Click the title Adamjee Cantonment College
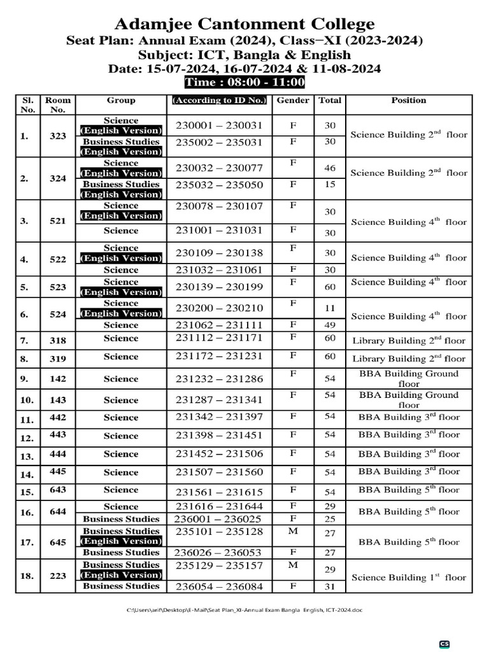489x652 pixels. click(244, 25)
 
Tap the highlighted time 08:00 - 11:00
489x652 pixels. click(244, 82)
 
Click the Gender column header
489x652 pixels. click(293, 101)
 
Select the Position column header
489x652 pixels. click(408, 101)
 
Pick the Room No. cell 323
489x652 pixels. click(58, 136)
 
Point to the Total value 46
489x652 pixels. click(330, 168)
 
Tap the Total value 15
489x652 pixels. click(330, 184)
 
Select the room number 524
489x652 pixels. click(58, 315)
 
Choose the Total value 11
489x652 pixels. click(330, 308)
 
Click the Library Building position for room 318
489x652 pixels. click(408, 341)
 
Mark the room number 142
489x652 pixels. click(58, 379)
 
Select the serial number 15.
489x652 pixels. click(27, 492)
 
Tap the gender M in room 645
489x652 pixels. click(293, 531)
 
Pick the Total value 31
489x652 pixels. click(330, 586)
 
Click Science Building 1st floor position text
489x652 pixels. click(408, 578)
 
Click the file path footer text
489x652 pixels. click(244, 610)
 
